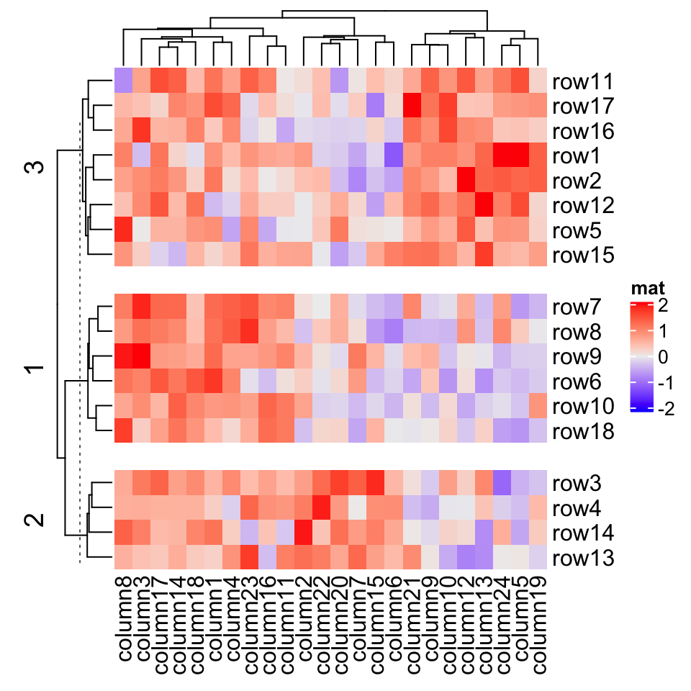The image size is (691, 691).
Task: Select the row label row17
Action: click(582, 107)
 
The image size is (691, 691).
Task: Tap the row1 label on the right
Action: click(577, 156)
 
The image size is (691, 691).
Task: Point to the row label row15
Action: click(582, 256)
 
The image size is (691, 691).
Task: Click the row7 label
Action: click(577, 307)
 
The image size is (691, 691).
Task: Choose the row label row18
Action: click(582, 432)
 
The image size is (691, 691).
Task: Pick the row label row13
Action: click(582, 559)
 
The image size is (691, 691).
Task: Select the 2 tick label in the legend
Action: click(661, 306)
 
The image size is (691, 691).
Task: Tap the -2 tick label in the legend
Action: click(665, 410)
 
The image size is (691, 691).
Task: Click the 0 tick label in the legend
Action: click(661, 358)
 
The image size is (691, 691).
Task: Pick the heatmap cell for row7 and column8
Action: click(123, 306)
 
